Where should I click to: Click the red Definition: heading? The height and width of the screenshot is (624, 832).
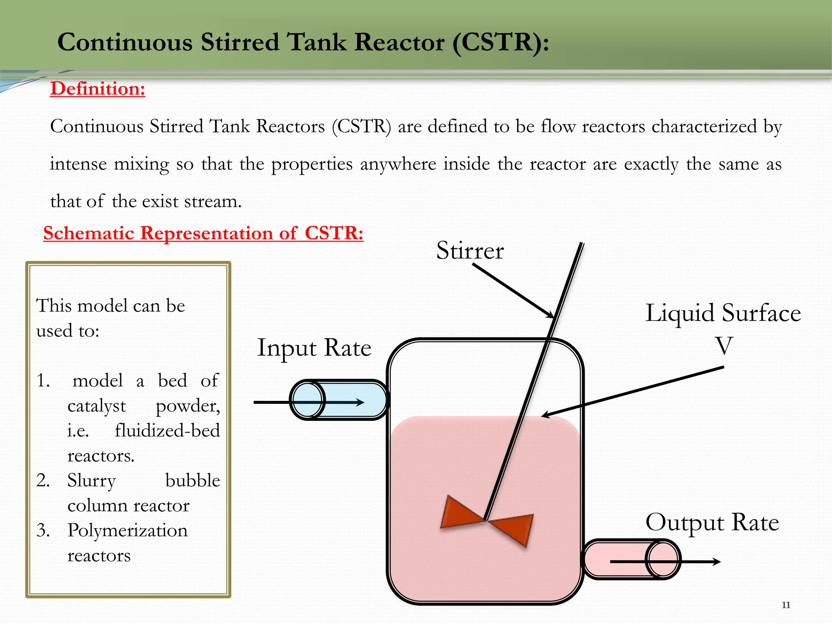[97, 89]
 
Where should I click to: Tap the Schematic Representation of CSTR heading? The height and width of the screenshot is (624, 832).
[203, 233]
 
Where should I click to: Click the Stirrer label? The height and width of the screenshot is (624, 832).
[470, 250]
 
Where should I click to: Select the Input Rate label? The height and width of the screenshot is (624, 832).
[314, 348]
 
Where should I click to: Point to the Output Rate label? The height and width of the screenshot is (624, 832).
[712, 522]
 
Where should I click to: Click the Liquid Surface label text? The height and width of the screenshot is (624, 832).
[723, 313]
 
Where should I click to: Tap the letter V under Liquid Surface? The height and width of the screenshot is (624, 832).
[724, 346]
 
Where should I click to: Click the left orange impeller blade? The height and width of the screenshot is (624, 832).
[459, 513]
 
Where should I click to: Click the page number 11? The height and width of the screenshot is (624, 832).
[786, 605]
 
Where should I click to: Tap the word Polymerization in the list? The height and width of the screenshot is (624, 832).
[128, 531]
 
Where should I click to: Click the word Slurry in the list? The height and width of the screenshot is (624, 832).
[92, 481]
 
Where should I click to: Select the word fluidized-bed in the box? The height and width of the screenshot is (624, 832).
[167, 431]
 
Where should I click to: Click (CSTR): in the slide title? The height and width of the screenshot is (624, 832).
[500, 42]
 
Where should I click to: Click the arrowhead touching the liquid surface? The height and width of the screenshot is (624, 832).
[546, 415]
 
